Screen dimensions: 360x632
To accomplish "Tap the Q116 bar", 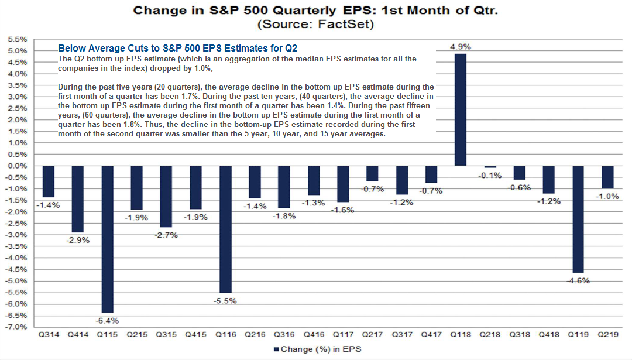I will tap(225, 229).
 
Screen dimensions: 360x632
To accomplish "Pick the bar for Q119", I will tap(578, 219).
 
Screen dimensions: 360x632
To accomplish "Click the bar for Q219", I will tap(607, 177).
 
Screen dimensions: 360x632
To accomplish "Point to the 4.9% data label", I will tap(461, 46).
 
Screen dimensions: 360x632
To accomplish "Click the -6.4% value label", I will tap(107, 320).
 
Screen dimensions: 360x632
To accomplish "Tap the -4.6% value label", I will tap(578, 280).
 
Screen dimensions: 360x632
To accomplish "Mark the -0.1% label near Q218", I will tap(490, 175).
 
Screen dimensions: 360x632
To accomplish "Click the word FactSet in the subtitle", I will tap(350, 25).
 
